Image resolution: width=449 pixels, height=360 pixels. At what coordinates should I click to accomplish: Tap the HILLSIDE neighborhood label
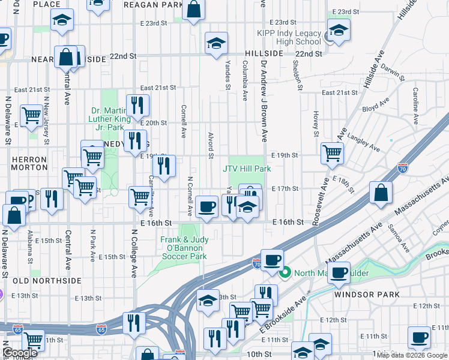click(264, 53)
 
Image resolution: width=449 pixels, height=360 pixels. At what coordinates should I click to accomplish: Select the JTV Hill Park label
click(247, 169)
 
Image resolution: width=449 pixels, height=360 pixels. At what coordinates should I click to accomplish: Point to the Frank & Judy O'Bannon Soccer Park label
click(184, 248)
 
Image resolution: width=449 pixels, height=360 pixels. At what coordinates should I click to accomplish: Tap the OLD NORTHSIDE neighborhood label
click(38, 281)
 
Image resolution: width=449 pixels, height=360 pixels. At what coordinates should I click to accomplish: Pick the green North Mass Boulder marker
click(285, 274)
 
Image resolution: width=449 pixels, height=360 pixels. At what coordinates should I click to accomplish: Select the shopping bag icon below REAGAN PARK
click(194, 10)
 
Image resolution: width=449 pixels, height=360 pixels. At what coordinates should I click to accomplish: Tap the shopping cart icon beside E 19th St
click(332, 152)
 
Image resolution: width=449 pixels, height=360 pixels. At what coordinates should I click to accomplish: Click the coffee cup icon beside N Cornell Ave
click(207, 206)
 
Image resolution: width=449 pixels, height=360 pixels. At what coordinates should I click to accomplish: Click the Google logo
click(20, 353)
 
